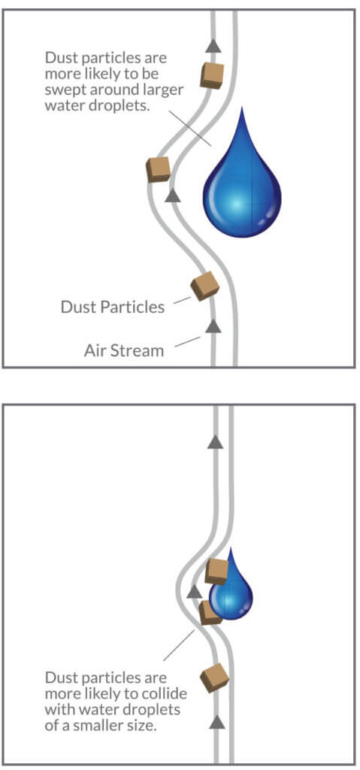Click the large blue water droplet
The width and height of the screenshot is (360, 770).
[242, 192]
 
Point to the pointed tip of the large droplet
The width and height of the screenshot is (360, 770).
[241, 108]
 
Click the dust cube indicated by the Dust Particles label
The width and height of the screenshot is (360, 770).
[205, 286]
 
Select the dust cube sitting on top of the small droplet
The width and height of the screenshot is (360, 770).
[216, 571]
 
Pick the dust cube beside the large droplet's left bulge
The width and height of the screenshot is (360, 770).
[158, 169]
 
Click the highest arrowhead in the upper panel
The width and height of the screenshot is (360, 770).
[213, 46]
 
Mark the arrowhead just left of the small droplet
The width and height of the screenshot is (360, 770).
[195, 591]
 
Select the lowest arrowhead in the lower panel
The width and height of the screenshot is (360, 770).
[216, 721]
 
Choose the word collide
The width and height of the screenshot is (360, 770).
[167, 694]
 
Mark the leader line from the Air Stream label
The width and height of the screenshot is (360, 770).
[188, 341]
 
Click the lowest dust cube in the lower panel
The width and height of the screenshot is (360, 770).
[215, 678]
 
